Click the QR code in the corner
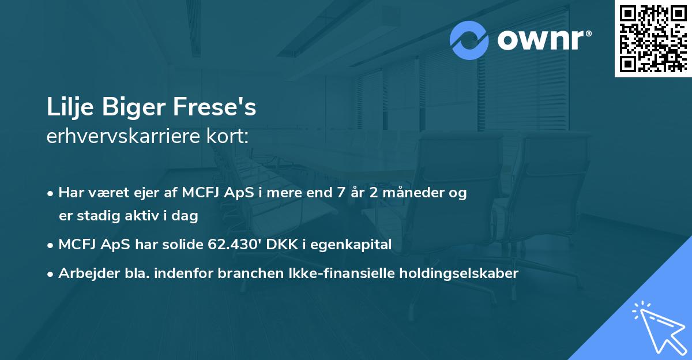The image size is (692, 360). click(653, 39)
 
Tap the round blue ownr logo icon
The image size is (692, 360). click(469, 40)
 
